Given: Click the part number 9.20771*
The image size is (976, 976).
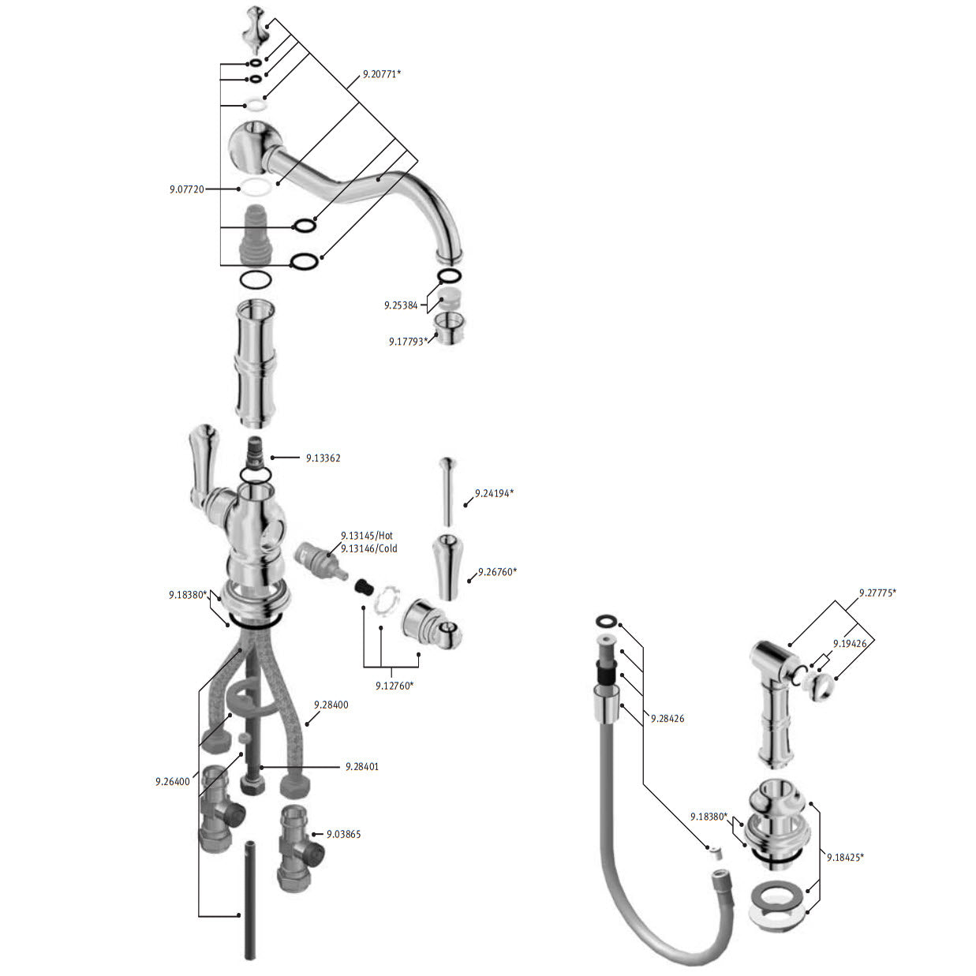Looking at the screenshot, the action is (x=381, y=74).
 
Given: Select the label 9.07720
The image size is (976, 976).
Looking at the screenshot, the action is (x=187, y=189).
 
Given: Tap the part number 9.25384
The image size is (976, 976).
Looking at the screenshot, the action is (x=401, y=305).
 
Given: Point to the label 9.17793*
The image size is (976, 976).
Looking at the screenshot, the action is (x=408, y=342).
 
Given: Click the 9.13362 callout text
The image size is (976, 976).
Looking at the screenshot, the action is (x=323, y=458).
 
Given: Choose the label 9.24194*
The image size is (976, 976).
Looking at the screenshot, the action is (x=494, y=493).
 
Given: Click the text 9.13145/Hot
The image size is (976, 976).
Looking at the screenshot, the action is (x=367, y=536).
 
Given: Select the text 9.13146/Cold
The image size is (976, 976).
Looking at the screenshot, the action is (x=368, y=548).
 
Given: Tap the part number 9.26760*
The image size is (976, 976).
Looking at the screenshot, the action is (x=497, y=572).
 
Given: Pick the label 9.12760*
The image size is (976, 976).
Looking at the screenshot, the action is (x=395, y=686).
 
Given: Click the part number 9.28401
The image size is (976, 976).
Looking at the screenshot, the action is (x=362, y=767).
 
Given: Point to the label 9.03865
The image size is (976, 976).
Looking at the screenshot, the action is (x=343, y=834).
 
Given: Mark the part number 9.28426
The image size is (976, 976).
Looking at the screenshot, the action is (x=667, y=719).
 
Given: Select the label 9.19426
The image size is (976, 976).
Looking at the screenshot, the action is (x=850, y=644).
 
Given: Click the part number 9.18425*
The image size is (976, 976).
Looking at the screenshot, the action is (x=845, y=858).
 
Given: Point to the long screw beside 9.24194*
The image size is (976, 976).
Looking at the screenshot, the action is (x=447, y=492).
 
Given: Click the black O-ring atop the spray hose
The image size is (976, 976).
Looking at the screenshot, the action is (x=607, y=620).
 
